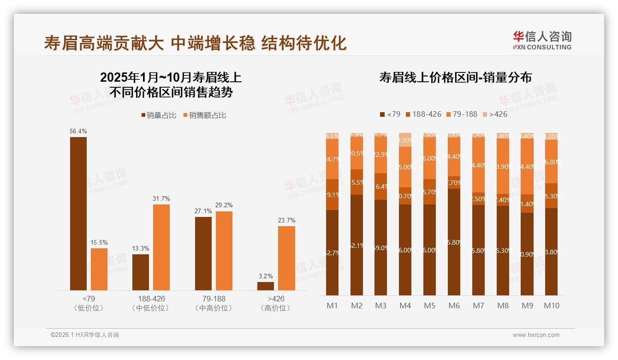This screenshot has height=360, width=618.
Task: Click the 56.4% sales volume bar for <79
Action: [78, 214]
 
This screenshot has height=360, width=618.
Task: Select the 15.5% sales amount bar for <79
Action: [99, 269]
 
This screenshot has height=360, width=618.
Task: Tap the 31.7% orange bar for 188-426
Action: [161, 247]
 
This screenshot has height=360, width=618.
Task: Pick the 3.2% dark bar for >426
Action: [266, 286]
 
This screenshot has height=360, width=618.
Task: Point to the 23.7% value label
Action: [286, 220]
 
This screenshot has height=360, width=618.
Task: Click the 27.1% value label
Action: [203, 211]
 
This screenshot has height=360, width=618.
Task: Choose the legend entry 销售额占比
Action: [205, 115]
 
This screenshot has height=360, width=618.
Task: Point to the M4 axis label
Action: [405, 306]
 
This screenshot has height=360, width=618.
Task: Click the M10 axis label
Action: [551, 306]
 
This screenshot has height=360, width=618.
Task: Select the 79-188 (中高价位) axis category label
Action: [214, 303]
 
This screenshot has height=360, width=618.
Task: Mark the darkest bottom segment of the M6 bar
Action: [454, 242]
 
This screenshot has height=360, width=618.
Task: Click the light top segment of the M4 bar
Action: [405, 140]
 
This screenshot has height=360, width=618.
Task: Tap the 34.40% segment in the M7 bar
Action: [478, 165]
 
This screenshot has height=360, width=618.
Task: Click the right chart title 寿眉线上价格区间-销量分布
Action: [455, 78]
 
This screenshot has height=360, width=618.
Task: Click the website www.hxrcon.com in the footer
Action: [535, 335]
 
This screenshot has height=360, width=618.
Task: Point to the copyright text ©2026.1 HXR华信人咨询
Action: [84, 335]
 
